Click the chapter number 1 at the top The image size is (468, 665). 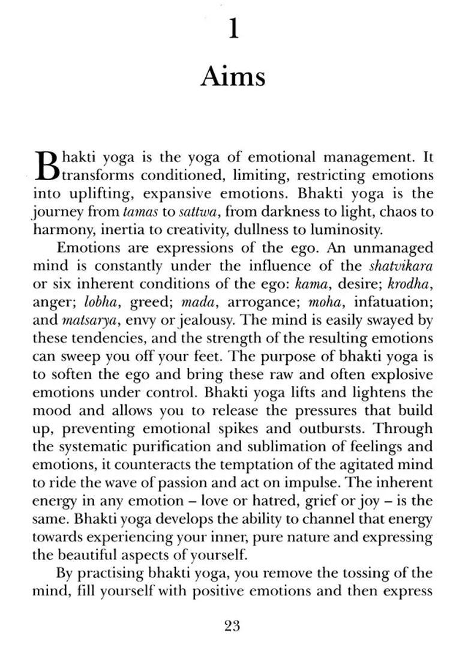tap(233, 28)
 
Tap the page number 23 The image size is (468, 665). tap(232, 626)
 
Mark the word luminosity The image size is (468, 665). tap(346, 230)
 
